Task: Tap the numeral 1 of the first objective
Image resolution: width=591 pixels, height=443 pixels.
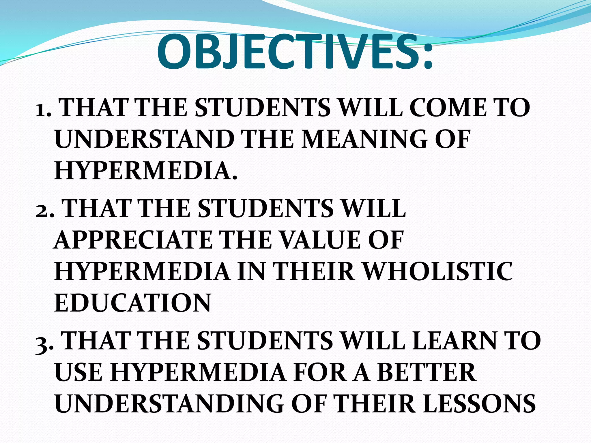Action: pyautogui.click(x=42, y=110)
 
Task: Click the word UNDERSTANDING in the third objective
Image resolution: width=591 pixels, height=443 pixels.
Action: pyautogui.click(x=169, y=404)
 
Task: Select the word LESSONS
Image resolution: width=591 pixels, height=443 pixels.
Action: pyautogui.click(x=479, y=404)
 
